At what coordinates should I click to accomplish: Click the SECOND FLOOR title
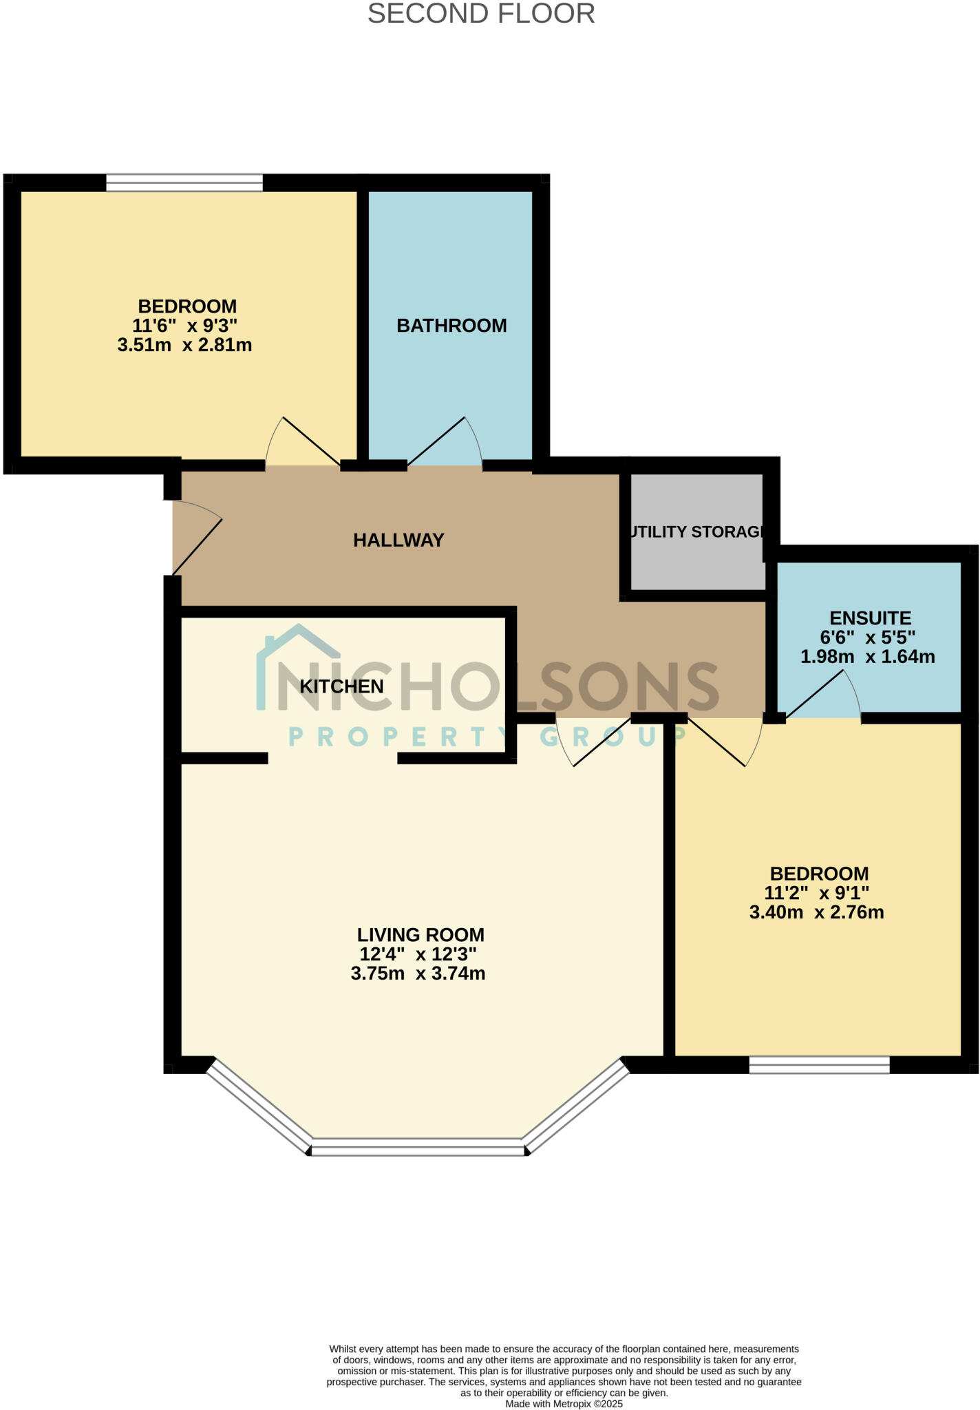(x=481, y=14)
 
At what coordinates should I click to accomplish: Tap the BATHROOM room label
(x=451, y=326)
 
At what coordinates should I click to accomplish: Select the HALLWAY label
(x=398, y=540)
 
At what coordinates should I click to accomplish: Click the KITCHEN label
(x=341, y=686)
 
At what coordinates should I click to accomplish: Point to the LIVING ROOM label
(x=420, y=935)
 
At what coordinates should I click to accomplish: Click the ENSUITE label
(x=870, y=618)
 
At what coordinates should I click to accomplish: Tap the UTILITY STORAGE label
(x=696, y=532)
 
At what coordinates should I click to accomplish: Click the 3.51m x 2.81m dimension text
(x=184, y=345)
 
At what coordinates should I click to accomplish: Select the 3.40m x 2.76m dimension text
(x=816, y=913)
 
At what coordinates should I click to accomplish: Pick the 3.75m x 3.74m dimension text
(x=418, y=974)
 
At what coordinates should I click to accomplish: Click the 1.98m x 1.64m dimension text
(x=867, y=657)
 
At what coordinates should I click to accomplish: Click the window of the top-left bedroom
(x=184, y=182)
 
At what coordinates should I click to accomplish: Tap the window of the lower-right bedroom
(x=819, y=1065)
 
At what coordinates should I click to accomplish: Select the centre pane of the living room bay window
(x=418, y=1148)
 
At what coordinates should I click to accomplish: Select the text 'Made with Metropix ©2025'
(x=564, y=1404)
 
